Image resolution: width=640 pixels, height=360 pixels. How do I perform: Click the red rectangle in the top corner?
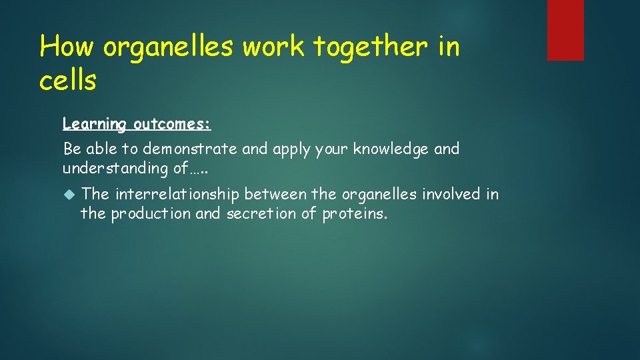(x=565, y=30)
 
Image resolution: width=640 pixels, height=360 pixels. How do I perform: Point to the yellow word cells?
(x=68, y=80)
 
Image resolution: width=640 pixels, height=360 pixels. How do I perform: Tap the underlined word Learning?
(x=94, y=124)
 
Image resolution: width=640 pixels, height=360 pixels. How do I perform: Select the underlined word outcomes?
(x=172, y=124)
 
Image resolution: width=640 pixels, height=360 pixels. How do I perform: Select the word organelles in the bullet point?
(x=375, y=194)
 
